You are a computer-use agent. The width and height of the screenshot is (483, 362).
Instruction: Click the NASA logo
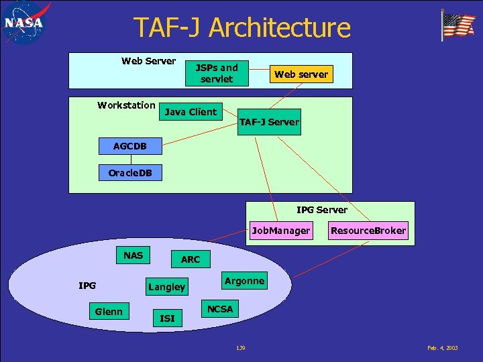(x=24, y=23)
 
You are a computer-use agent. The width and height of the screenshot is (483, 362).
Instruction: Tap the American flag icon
(x=458, y=25)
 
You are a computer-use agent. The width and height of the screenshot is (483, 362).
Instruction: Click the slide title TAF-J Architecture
(x=241, y=28)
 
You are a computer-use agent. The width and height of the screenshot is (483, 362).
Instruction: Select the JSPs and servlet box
(x=217, y=73)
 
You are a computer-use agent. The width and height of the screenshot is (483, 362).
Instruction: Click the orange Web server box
(x=301, y=74)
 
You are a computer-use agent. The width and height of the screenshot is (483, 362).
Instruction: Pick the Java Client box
(x=191, y=112)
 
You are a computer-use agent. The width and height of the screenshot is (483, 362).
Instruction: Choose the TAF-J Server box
(x=269, y=122)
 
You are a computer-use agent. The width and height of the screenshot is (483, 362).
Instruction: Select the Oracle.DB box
(x=130, y=173)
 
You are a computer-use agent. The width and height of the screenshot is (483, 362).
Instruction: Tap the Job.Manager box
(x=281, y=231)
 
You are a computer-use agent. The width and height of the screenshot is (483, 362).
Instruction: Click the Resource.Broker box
(x=368, y=231)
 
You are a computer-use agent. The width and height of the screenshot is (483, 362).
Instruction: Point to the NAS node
(x=133, y=255)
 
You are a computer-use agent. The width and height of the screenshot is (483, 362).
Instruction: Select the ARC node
(x=191, y=259)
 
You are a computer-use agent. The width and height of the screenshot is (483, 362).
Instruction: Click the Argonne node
(x=244, y=281)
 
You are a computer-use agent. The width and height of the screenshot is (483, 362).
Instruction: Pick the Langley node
(x=166, y=287)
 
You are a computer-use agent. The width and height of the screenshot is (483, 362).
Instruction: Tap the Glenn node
(x=109, y=311)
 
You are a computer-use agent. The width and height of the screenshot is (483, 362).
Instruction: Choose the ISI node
(x=167, y=318)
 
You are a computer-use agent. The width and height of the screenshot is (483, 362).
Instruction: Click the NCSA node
(x=220, y=309)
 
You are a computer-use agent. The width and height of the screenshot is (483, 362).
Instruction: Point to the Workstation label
(x=126, y=105)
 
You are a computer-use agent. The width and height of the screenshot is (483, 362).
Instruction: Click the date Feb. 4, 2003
(x=442, y=348)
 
